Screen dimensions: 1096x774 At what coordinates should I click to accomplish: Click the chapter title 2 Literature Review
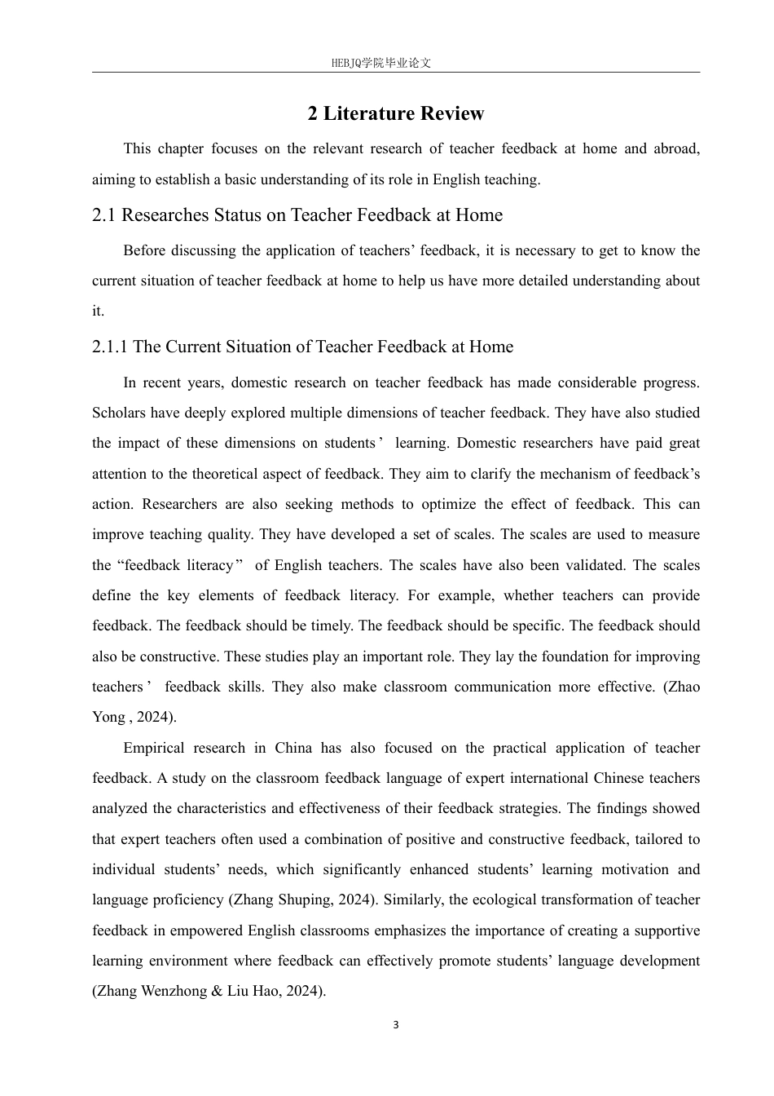tap(395, 113)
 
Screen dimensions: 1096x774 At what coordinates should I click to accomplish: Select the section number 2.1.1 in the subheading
tap(110, 347)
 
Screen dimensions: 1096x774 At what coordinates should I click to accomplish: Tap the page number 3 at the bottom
tap(396, 1025)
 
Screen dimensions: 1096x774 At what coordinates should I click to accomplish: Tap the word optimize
tap(449, 504)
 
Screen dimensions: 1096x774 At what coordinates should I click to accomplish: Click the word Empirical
tap(154, 748)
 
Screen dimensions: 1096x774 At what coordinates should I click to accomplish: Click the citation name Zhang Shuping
tap(279, 899)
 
